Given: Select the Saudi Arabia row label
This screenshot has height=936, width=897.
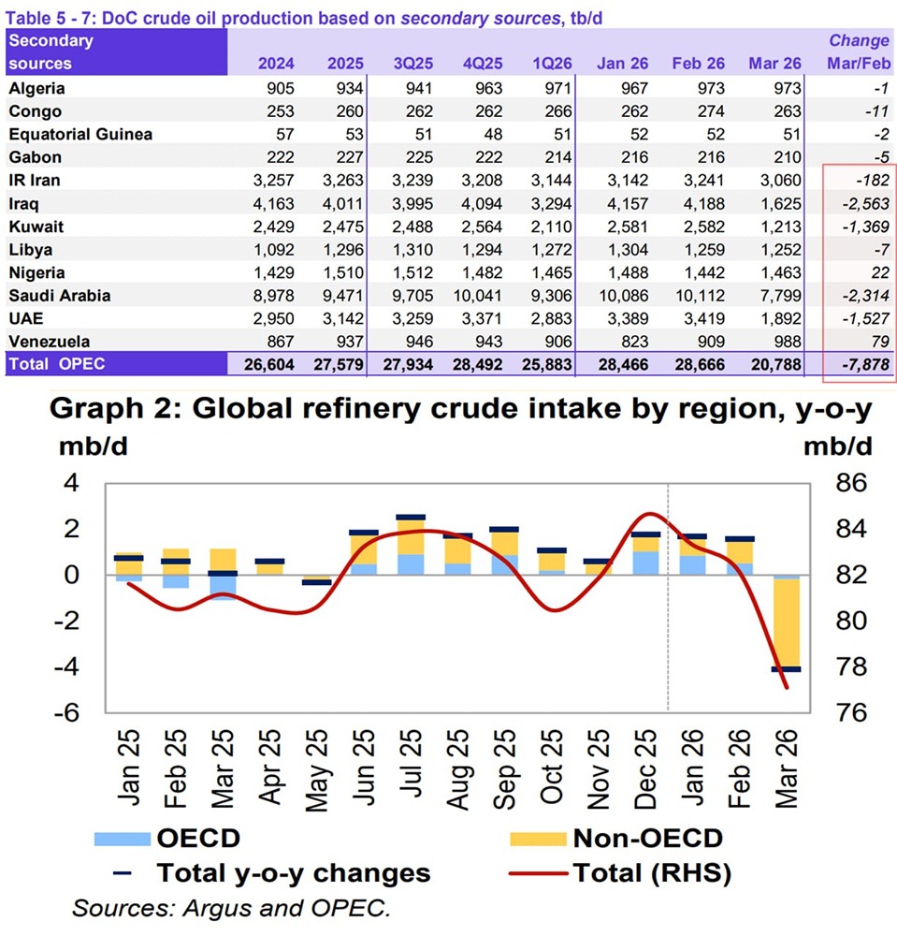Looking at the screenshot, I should coord(60,295).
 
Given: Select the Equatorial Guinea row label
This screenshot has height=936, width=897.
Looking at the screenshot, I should coord(80,134).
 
